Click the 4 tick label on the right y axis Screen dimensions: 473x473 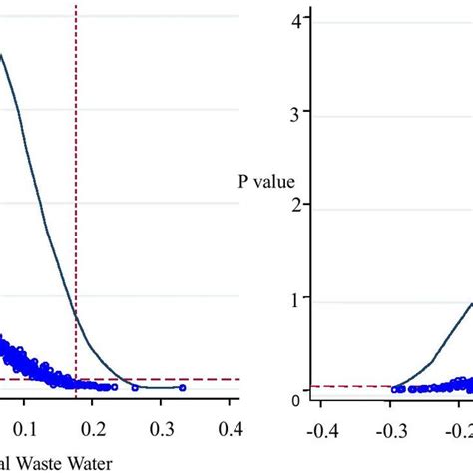tap(295, 19)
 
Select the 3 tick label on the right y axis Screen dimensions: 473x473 tap(295, 113)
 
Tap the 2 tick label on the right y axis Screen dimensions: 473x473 tap(295, 206)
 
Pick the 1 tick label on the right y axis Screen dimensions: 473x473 tap(295, 299)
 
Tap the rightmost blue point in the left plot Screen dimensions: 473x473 tap(182, 387)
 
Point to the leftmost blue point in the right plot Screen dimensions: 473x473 tap(393, 390)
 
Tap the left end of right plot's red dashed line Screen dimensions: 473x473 tap(312, 386)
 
